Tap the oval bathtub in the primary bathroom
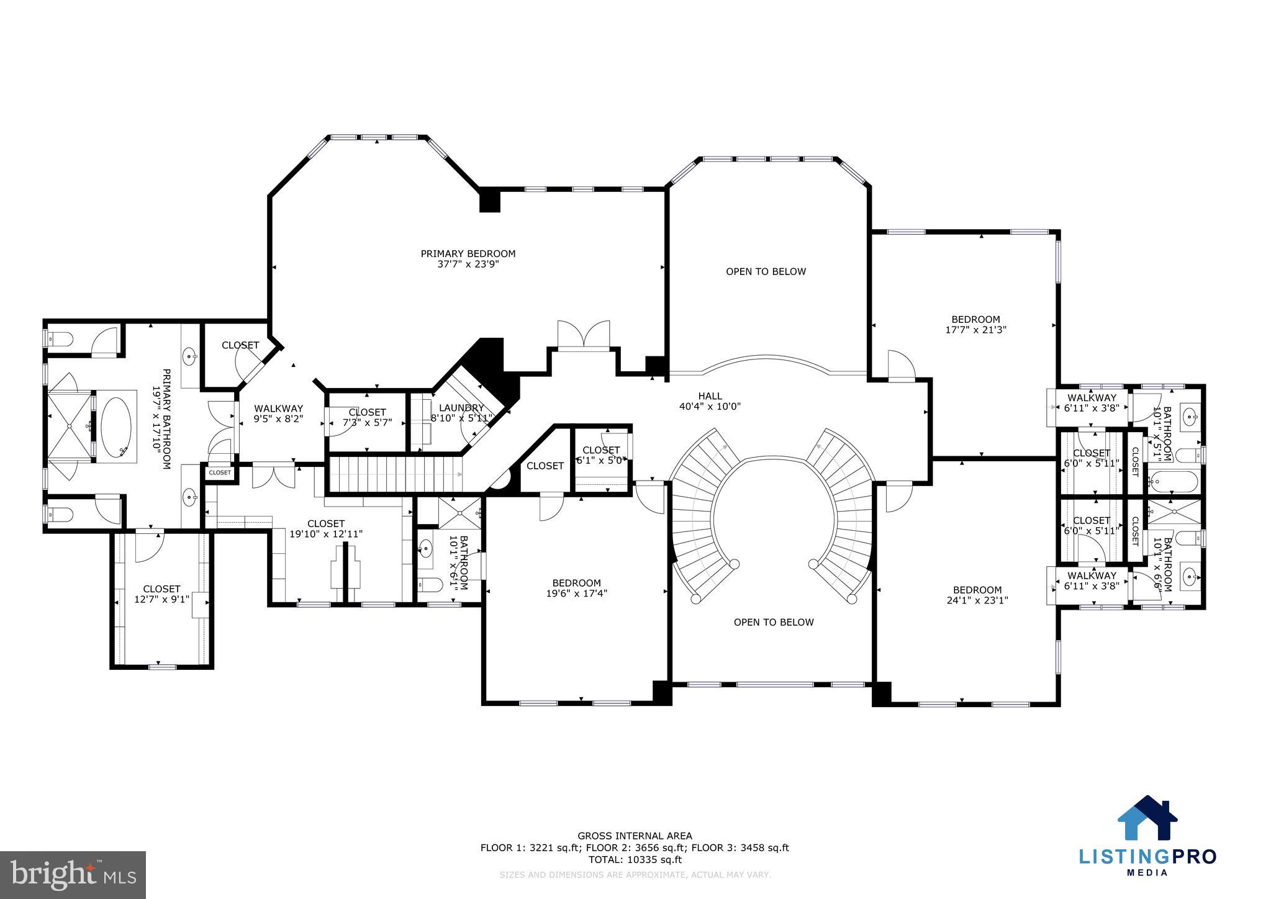pos(116,426)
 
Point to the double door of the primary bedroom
pos(584,336)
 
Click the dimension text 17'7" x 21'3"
pos(975,330)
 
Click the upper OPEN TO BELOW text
pos(766,271)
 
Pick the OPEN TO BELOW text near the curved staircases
pos(773,622)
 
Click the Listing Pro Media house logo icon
pos(1147,818)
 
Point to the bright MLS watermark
pos(73,875)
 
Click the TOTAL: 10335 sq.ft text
pos(635,860)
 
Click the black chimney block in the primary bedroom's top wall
pos(490,200)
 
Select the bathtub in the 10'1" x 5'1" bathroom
pos(1173,481)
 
